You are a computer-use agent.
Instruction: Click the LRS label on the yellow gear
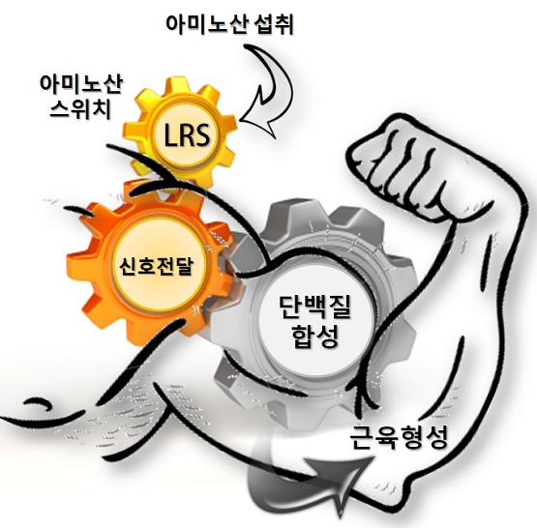[187, 134]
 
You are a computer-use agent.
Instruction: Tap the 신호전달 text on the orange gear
[157, 266]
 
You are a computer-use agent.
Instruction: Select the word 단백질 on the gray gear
[314, 308]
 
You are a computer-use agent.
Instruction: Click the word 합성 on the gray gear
[315, 336]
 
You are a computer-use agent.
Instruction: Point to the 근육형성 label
[399, 437]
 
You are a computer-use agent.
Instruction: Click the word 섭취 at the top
[274, 24]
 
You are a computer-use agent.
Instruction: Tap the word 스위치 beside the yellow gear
[80, 109]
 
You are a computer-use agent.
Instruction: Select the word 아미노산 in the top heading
[206, 24]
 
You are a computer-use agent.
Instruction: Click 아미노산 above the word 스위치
[81, 84]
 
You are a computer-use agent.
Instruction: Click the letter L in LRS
[169, 134]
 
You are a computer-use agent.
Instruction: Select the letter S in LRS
[202, 134]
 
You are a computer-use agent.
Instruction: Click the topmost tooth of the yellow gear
[177, 85]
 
